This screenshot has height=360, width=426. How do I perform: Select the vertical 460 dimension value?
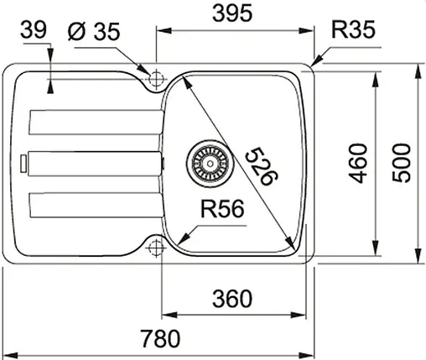(x=358, y=161)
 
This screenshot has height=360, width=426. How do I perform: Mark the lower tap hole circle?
(x=154, y=248)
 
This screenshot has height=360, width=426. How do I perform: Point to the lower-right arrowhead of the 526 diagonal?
(x=294, y=248)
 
